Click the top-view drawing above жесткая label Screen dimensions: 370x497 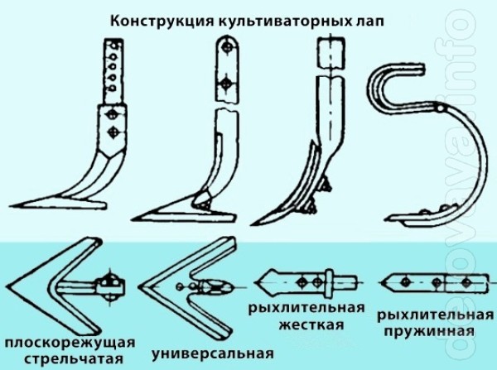(306, 281)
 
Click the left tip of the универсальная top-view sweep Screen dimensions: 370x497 (139, 287)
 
